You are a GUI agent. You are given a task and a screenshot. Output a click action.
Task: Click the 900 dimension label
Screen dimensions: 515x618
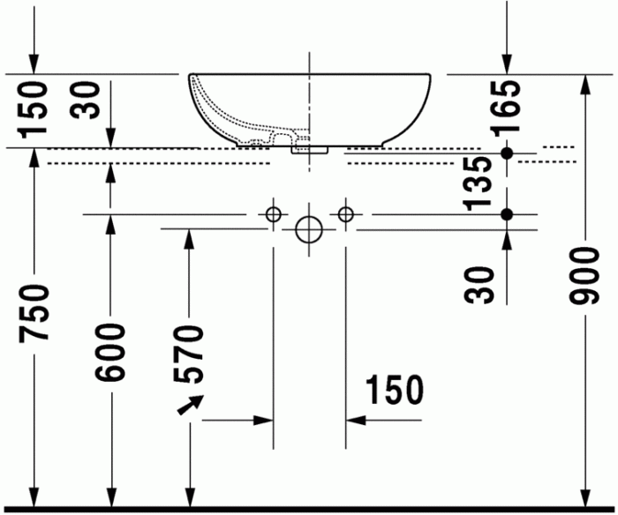pos(584,276)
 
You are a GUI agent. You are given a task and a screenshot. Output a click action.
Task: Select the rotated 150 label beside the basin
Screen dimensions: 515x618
pos(34,108)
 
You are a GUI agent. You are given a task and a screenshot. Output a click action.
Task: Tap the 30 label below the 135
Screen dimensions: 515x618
pos(482,284)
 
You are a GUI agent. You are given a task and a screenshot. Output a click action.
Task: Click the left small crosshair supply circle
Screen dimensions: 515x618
pos(274,213)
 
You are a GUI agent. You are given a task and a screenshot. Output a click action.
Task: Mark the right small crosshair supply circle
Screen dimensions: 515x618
pos(345,213)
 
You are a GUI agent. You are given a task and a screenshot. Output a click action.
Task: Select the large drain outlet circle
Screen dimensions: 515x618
pos(309,229)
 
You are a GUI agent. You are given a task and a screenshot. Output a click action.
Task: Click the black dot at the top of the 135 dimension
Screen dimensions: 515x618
pos(507,153)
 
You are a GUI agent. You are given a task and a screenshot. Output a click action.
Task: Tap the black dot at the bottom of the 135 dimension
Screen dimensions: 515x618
pos(507,214)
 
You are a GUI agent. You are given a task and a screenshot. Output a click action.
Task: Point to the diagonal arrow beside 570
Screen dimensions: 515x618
pos(189,405)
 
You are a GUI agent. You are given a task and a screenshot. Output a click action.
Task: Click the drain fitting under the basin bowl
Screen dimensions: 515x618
pos(312,148)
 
